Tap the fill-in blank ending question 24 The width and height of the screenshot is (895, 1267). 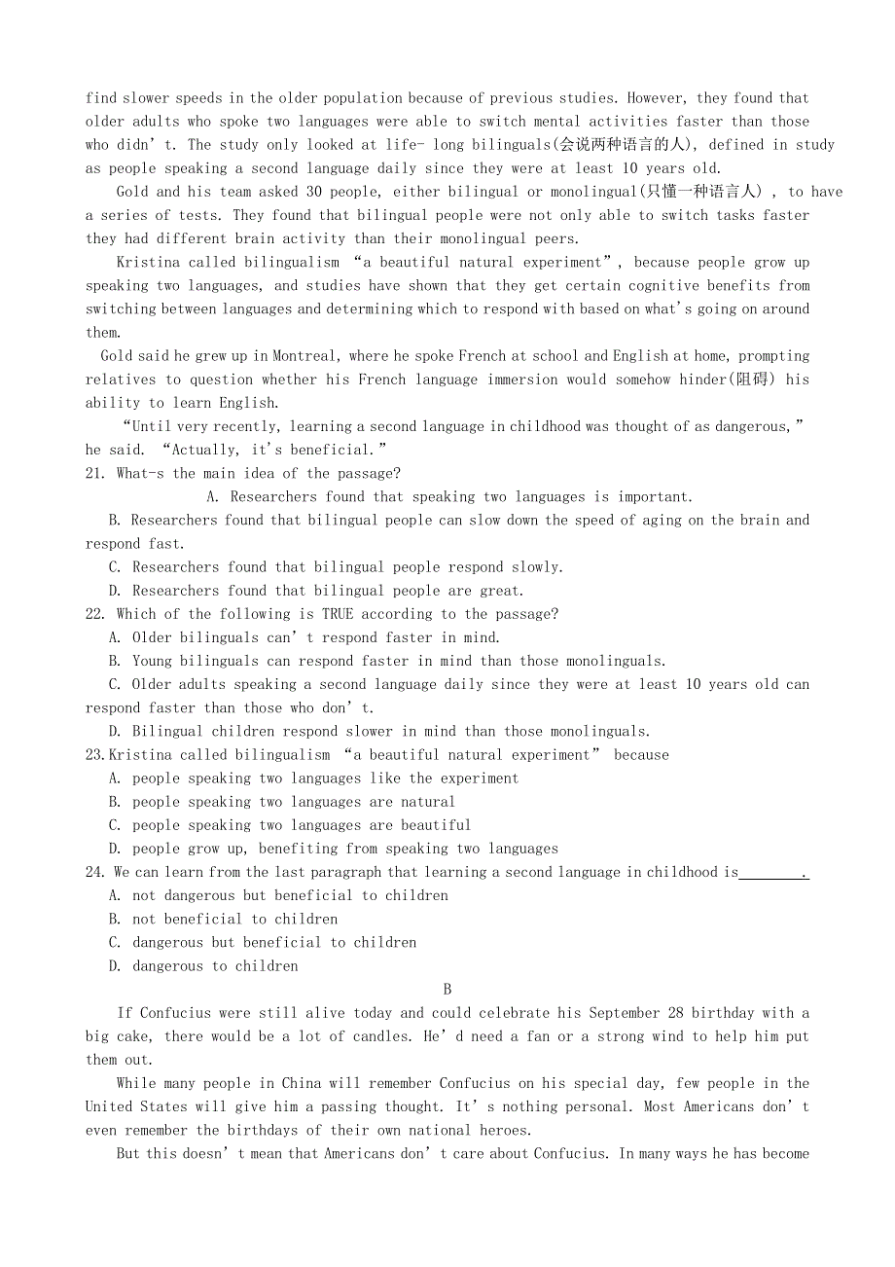click(771, 873)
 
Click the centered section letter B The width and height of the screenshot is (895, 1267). click(447, 990)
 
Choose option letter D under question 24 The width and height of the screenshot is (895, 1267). click(115, 966)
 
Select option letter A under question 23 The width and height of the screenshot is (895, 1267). click(115, 778)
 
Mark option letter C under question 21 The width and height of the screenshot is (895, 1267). click(115, 567)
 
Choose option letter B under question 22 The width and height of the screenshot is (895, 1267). click(115, 662)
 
